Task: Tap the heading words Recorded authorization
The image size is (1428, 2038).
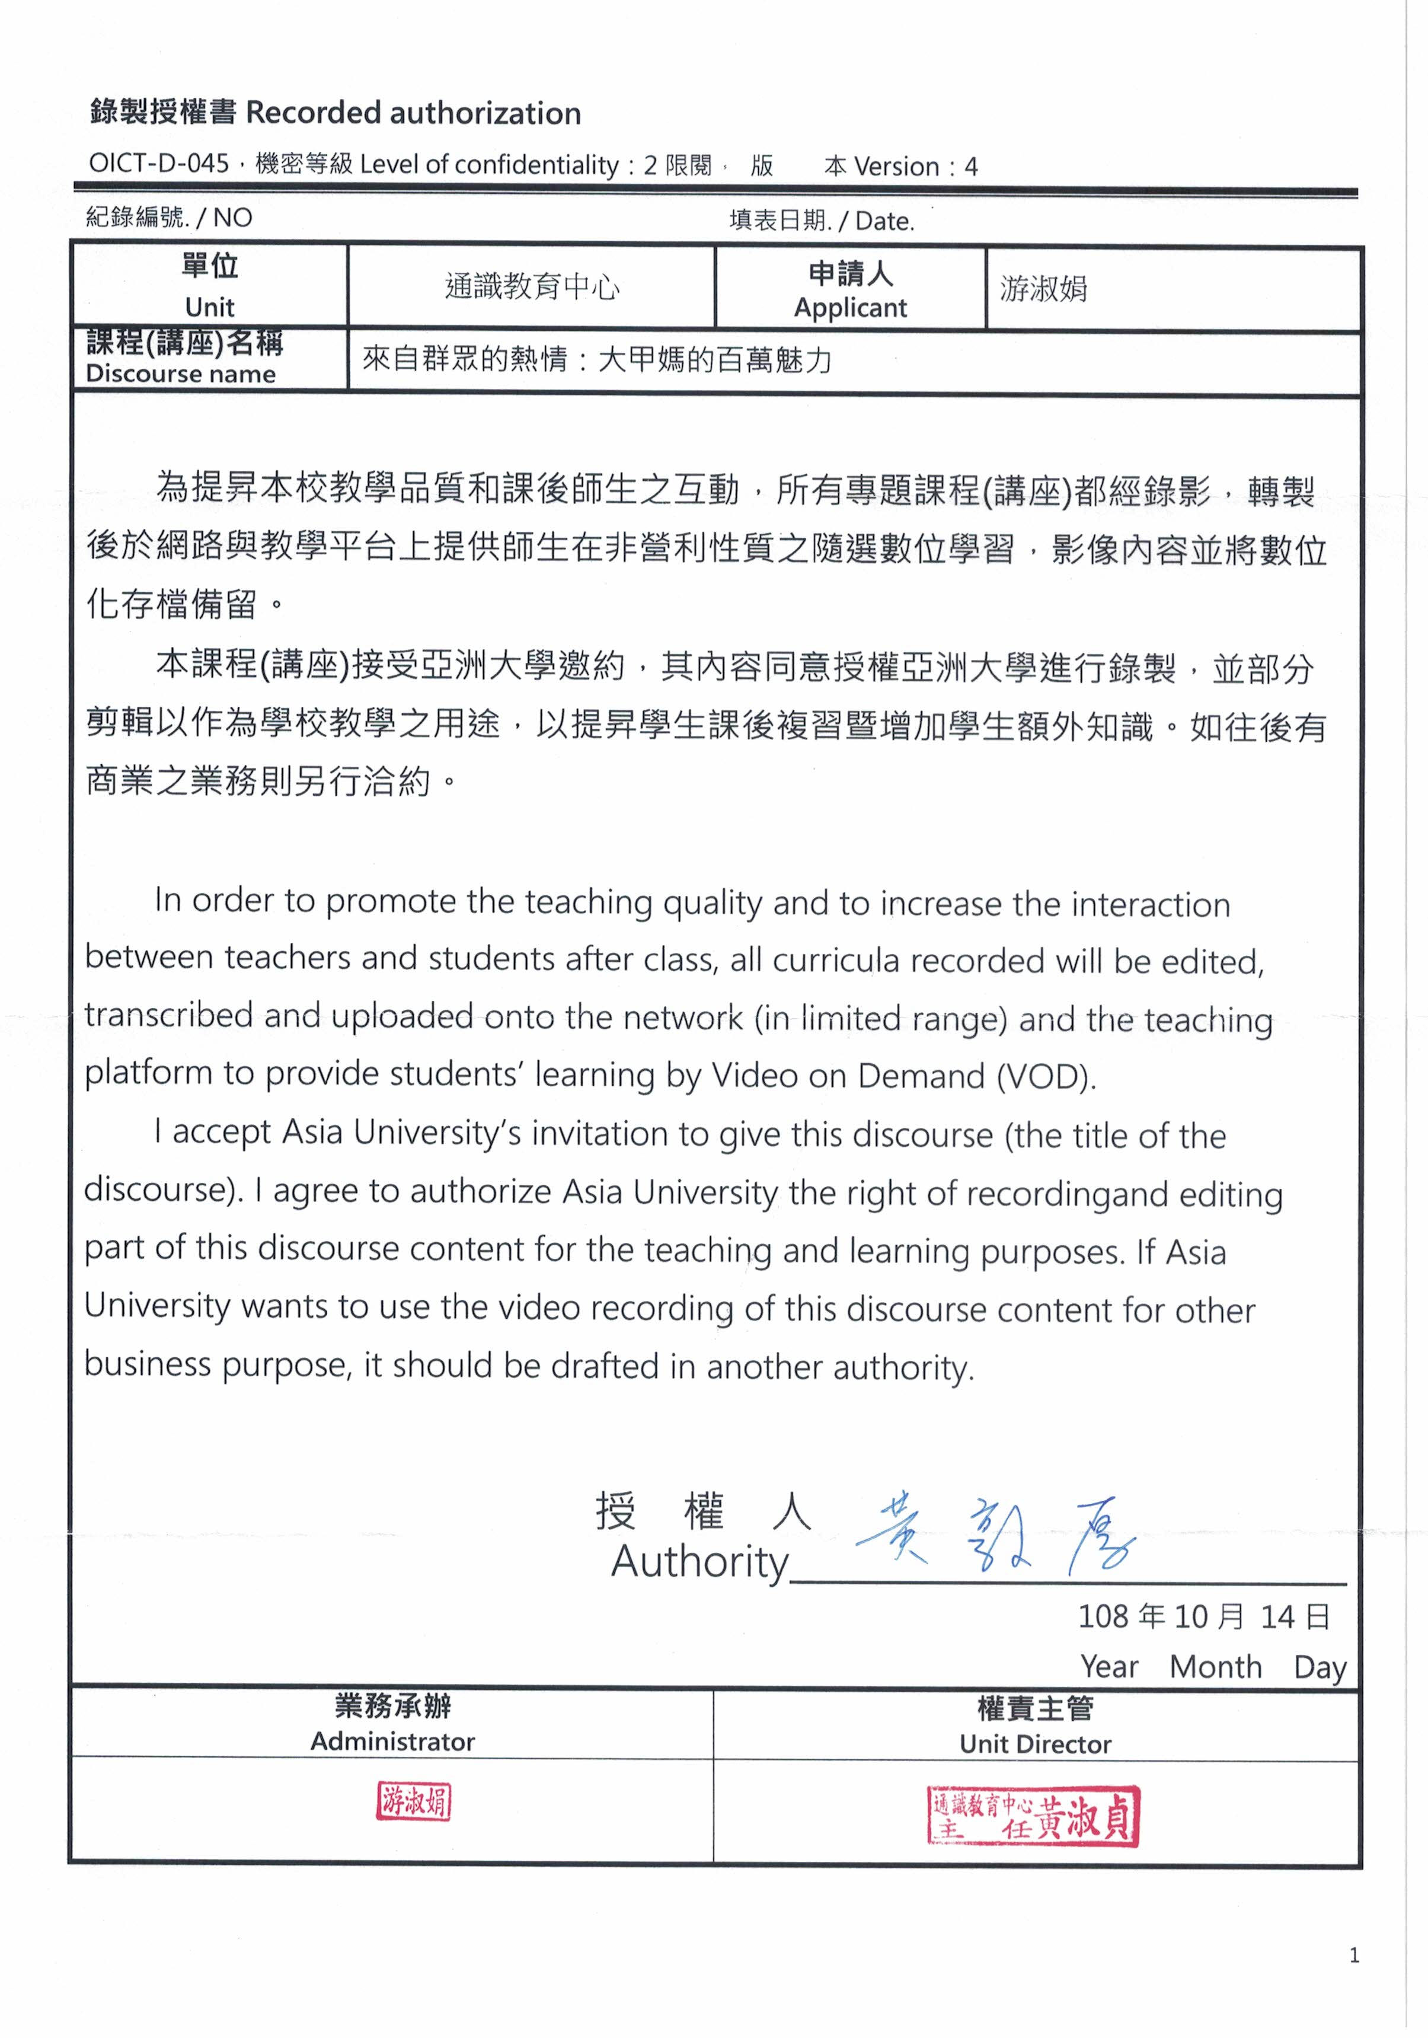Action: [x=413, y=114]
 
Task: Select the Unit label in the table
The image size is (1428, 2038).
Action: [x=209, y=307]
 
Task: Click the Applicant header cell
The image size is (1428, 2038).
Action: [x=850, y=289]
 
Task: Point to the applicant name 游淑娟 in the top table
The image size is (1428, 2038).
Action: [x=1044, y=289]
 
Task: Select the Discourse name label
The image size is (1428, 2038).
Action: [x=181, y=374]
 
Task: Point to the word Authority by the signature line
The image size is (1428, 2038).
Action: [x=699, y=1562]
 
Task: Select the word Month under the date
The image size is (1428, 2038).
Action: [x=1215, y=1667]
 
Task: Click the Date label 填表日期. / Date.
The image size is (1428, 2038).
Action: [x=821, y=220]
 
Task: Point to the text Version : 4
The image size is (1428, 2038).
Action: [x=916, y=167]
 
